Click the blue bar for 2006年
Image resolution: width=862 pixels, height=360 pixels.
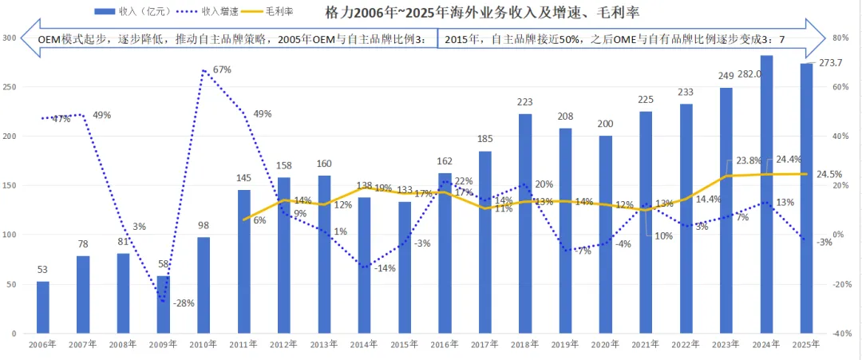click(x=43, y=308)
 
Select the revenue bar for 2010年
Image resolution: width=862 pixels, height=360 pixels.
click(x=204, y=286)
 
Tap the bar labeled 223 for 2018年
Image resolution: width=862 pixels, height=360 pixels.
click(x=525, y=224)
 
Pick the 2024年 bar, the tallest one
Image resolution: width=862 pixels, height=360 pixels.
click(x=766, y=195)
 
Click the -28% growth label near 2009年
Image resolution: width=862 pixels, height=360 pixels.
click(x=183, y=303)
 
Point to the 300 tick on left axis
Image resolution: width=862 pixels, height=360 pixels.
click(x=10, y=38)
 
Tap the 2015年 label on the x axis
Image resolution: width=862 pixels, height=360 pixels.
click(x=404, y=345)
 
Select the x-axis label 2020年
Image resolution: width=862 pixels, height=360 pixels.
click(x=605, y=345)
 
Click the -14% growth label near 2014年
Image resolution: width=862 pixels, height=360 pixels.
click(x=385, y=268)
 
